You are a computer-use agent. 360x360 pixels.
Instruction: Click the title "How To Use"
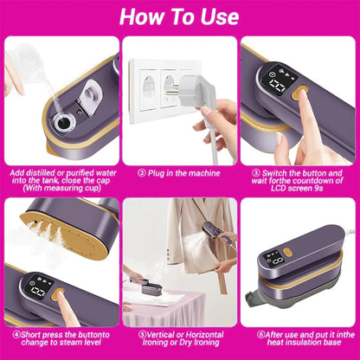[179, 16]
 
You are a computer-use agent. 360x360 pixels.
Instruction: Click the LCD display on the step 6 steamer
[273, 260]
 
